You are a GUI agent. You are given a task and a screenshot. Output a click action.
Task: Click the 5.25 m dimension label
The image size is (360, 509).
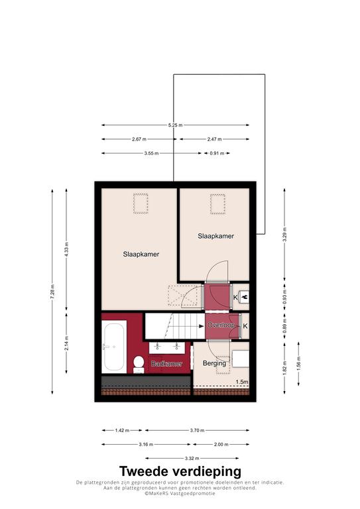coord(175,125)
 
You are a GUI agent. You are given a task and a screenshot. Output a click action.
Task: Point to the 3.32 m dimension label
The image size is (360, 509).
coord(192,459)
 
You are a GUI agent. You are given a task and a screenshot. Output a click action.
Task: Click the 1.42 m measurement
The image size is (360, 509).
coord(122,430)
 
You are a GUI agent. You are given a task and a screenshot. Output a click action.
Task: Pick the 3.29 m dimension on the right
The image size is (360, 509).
coord(284,235)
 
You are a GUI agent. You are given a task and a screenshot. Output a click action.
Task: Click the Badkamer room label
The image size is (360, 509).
coord(167,364)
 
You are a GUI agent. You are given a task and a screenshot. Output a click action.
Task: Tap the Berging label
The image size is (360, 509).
coord(214,363)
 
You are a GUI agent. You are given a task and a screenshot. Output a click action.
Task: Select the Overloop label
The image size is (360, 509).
coord(221,325)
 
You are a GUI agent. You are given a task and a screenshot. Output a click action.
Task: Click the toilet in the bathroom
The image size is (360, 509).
coord(139,365)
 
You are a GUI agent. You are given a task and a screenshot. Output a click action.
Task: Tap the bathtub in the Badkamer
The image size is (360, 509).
coord(114,347)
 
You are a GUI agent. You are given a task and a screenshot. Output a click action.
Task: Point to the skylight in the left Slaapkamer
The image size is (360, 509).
coord(141,203)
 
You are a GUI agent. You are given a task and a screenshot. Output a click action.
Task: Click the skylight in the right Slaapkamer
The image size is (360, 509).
coord(217,204)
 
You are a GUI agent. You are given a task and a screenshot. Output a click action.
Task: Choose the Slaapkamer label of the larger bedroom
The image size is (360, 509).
coord(141,254)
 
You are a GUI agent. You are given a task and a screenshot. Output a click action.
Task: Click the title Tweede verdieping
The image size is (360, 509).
coord(180,471)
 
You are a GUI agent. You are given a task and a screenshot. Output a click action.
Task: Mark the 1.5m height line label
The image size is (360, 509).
coord(242,382)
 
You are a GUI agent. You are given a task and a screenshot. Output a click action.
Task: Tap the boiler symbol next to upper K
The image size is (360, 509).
coord(243,297)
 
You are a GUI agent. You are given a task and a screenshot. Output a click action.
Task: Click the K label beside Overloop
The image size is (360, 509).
coord(245,326)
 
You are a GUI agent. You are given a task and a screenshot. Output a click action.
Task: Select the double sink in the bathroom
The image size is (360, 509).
coord(167,347)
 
